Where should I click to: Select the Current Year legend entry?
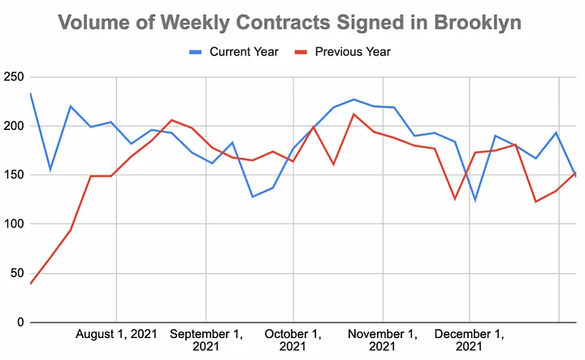(x=244, y=52)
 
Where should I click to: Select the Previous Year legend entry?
(x=353, y=52)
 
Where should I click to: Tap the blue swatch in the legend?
(x=196, y=52)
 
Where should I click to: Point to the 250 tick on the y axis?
(x=13, y=77)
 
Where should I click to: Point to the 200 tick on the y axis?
(x=13, y=126)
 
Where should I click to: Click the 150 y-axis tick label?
(x=13, y=175)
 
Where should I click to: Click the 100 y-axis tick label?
(x=13, y=223)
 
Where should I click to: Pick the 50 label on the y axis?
(x=16, y=273)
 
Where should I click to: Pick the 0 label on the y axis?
(x=19, y=322)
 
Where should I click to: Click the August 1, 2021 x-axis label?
(x=117, y=333)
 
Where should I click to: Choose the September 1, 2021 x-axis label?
(x=206, y=340)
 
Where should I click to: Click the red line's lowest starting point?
(x=31, y=283)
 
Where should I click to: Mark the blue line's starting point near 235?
(x=30, y=93)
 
